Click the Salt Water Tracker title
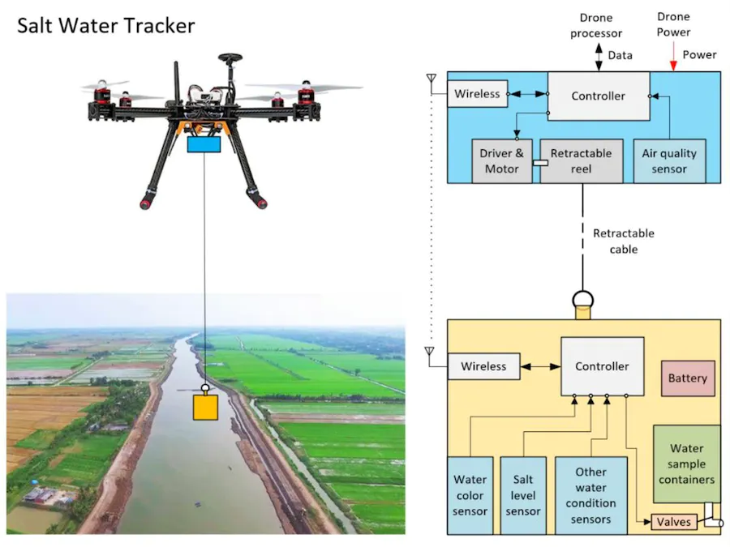[106, 26]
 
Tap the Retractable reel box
[581, 160]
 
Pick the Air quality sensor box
[668, 160]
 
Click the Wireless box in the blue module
[477, 94]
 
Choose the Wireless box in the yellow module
[483, 366]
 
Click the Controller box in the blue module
[598, 96]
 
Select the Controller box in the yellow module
[602, 366]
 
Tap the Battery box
[688, 378]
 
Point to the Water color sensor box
[470, 495]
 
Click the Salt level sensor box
[523, 495]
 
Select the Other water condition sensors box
[590, 494]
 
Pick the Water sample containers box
[686, 464]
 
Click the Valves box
[674, 522]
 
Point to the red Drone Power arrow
[672, 57]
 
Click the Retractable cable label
[623, 241]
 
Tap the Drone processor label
[595, 26]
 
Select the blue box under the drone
[204, 144]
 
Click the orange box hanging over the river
[205, 406]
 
